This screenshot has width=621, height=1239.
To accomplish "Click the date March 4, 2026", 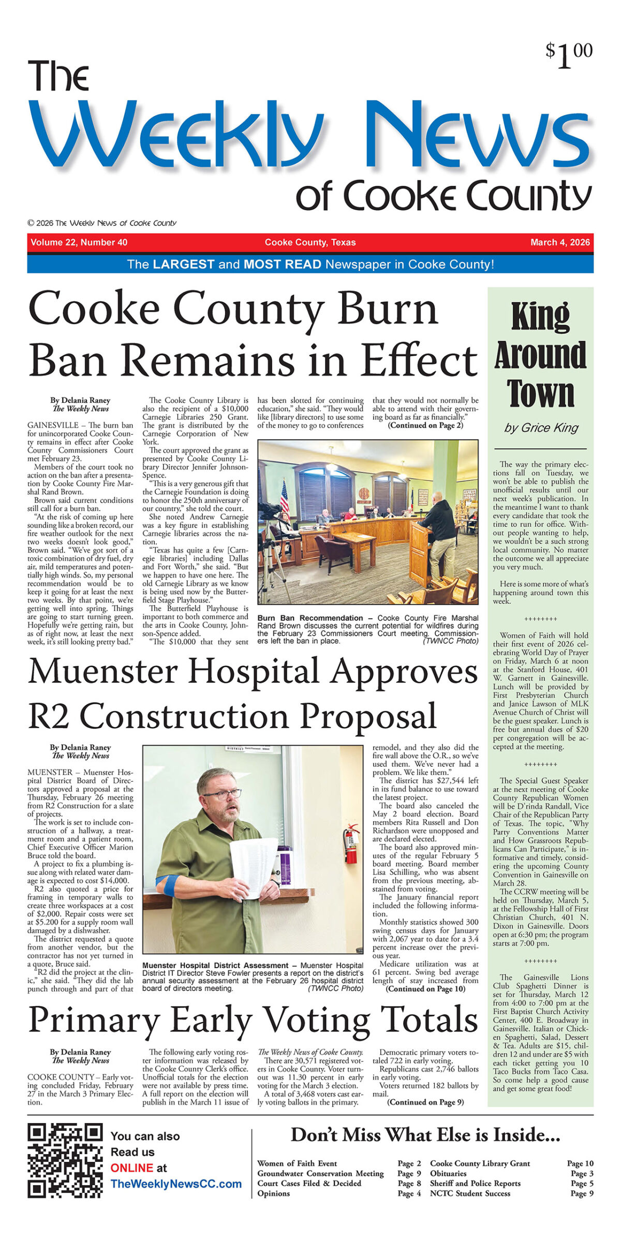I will [559, 242].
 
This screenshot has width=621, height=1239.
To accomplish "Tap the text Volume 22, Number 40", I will [79, 242].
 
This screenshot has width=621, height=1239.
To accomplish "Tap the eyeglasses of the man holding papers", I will [223, 794].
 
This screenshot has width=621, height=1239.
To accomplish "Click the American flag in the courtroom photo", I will [284, 497].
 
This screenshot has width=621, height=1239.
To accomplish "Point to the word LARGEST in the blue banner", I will [184, 264].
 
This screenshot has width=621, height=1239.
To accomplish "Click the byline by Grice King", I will [541, 428].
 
